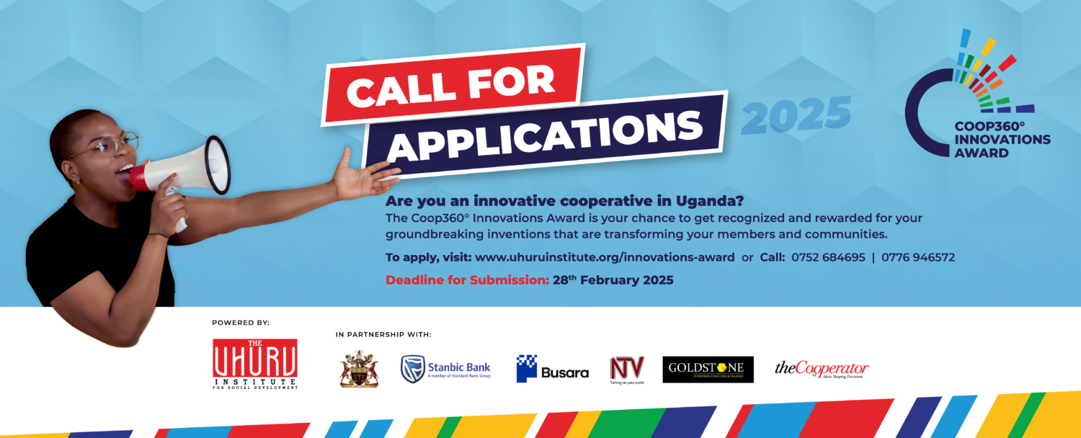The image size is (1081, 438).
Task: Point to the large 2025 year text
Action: tap(796, 115)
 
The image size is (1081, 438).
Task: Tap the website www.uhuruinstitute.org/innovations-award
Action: tap(605, 257)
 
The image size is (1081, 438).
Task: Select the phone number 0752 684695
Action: tap(828, 257)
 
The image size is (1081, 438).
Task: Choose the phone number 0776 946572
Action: tap(919, 257)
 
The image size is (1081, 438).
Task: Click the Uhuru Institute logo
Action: tap(255, 364)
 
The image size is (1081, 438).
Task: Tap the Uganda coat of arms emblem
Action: tap(359, 369)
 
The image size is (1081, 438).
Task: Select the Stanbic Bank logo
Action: tap(445, 368)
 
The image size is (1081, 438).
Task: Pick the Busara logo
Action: tap(553, 370)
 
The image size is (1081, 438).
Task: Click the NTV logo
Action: tap(626, 369)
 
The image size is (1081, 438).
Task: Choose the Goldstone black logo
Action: tap(708, 369)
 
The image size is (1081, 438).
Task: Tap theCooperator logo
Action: tap(822, 370)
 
